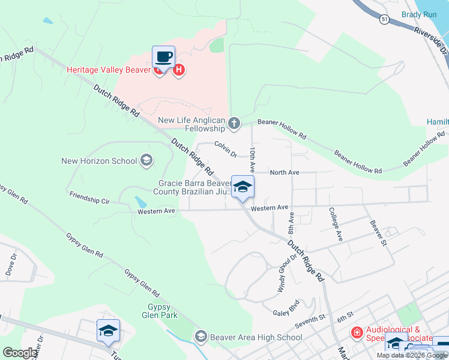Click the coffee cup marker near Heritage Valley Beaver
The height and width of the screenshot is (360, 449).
pos(163,58)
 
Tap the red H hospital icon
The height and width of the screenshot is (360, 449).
pos(178,71)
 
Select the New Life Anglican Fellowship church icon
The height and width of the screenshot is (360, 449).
pos(234,124)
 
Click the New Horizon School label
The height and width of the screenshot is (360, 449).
pos(99,161)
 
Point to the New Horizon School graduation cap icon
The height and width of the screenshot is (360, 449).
pos(146,160)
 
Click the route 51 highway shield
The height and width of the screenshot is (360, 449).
pos(384,20)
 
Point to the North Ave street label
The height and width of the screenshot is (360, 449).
pos(285,172)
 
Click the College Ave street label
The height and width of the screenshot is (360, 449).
pos(335,224)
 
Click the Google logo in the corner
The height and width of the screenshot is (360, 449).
pos(20,353)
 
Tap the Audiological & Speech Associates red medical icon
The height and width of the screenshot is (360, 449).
pos(357,332)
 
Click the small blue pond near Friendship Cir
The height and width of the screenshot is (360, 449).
pos(140,202)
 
